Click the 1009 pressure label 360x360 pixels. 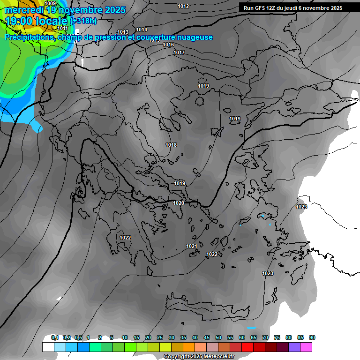coord(50,3)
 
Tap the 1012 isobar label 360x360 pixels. coord(184,6)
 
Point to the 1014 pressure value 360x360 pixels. coord(142,30)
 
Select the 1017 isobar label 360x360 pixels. coord(179,52)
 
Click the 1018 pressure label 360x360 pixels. coord(171,145)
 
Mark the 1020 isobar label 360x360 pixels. coord(179,203)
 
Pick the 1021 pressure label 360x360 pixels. coord(192,246)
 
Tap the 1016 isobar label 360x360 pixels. coord(168,45)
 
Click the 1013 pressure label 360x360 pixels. coord(123,32)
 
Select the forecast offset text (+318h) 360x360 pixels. coord(83,21)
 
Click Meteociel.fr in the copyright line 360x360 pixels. coord(216,357)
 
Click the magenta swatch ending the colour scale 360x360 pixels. coord(306,347)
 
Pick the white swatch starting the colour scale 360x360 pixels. coord(48,347)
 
